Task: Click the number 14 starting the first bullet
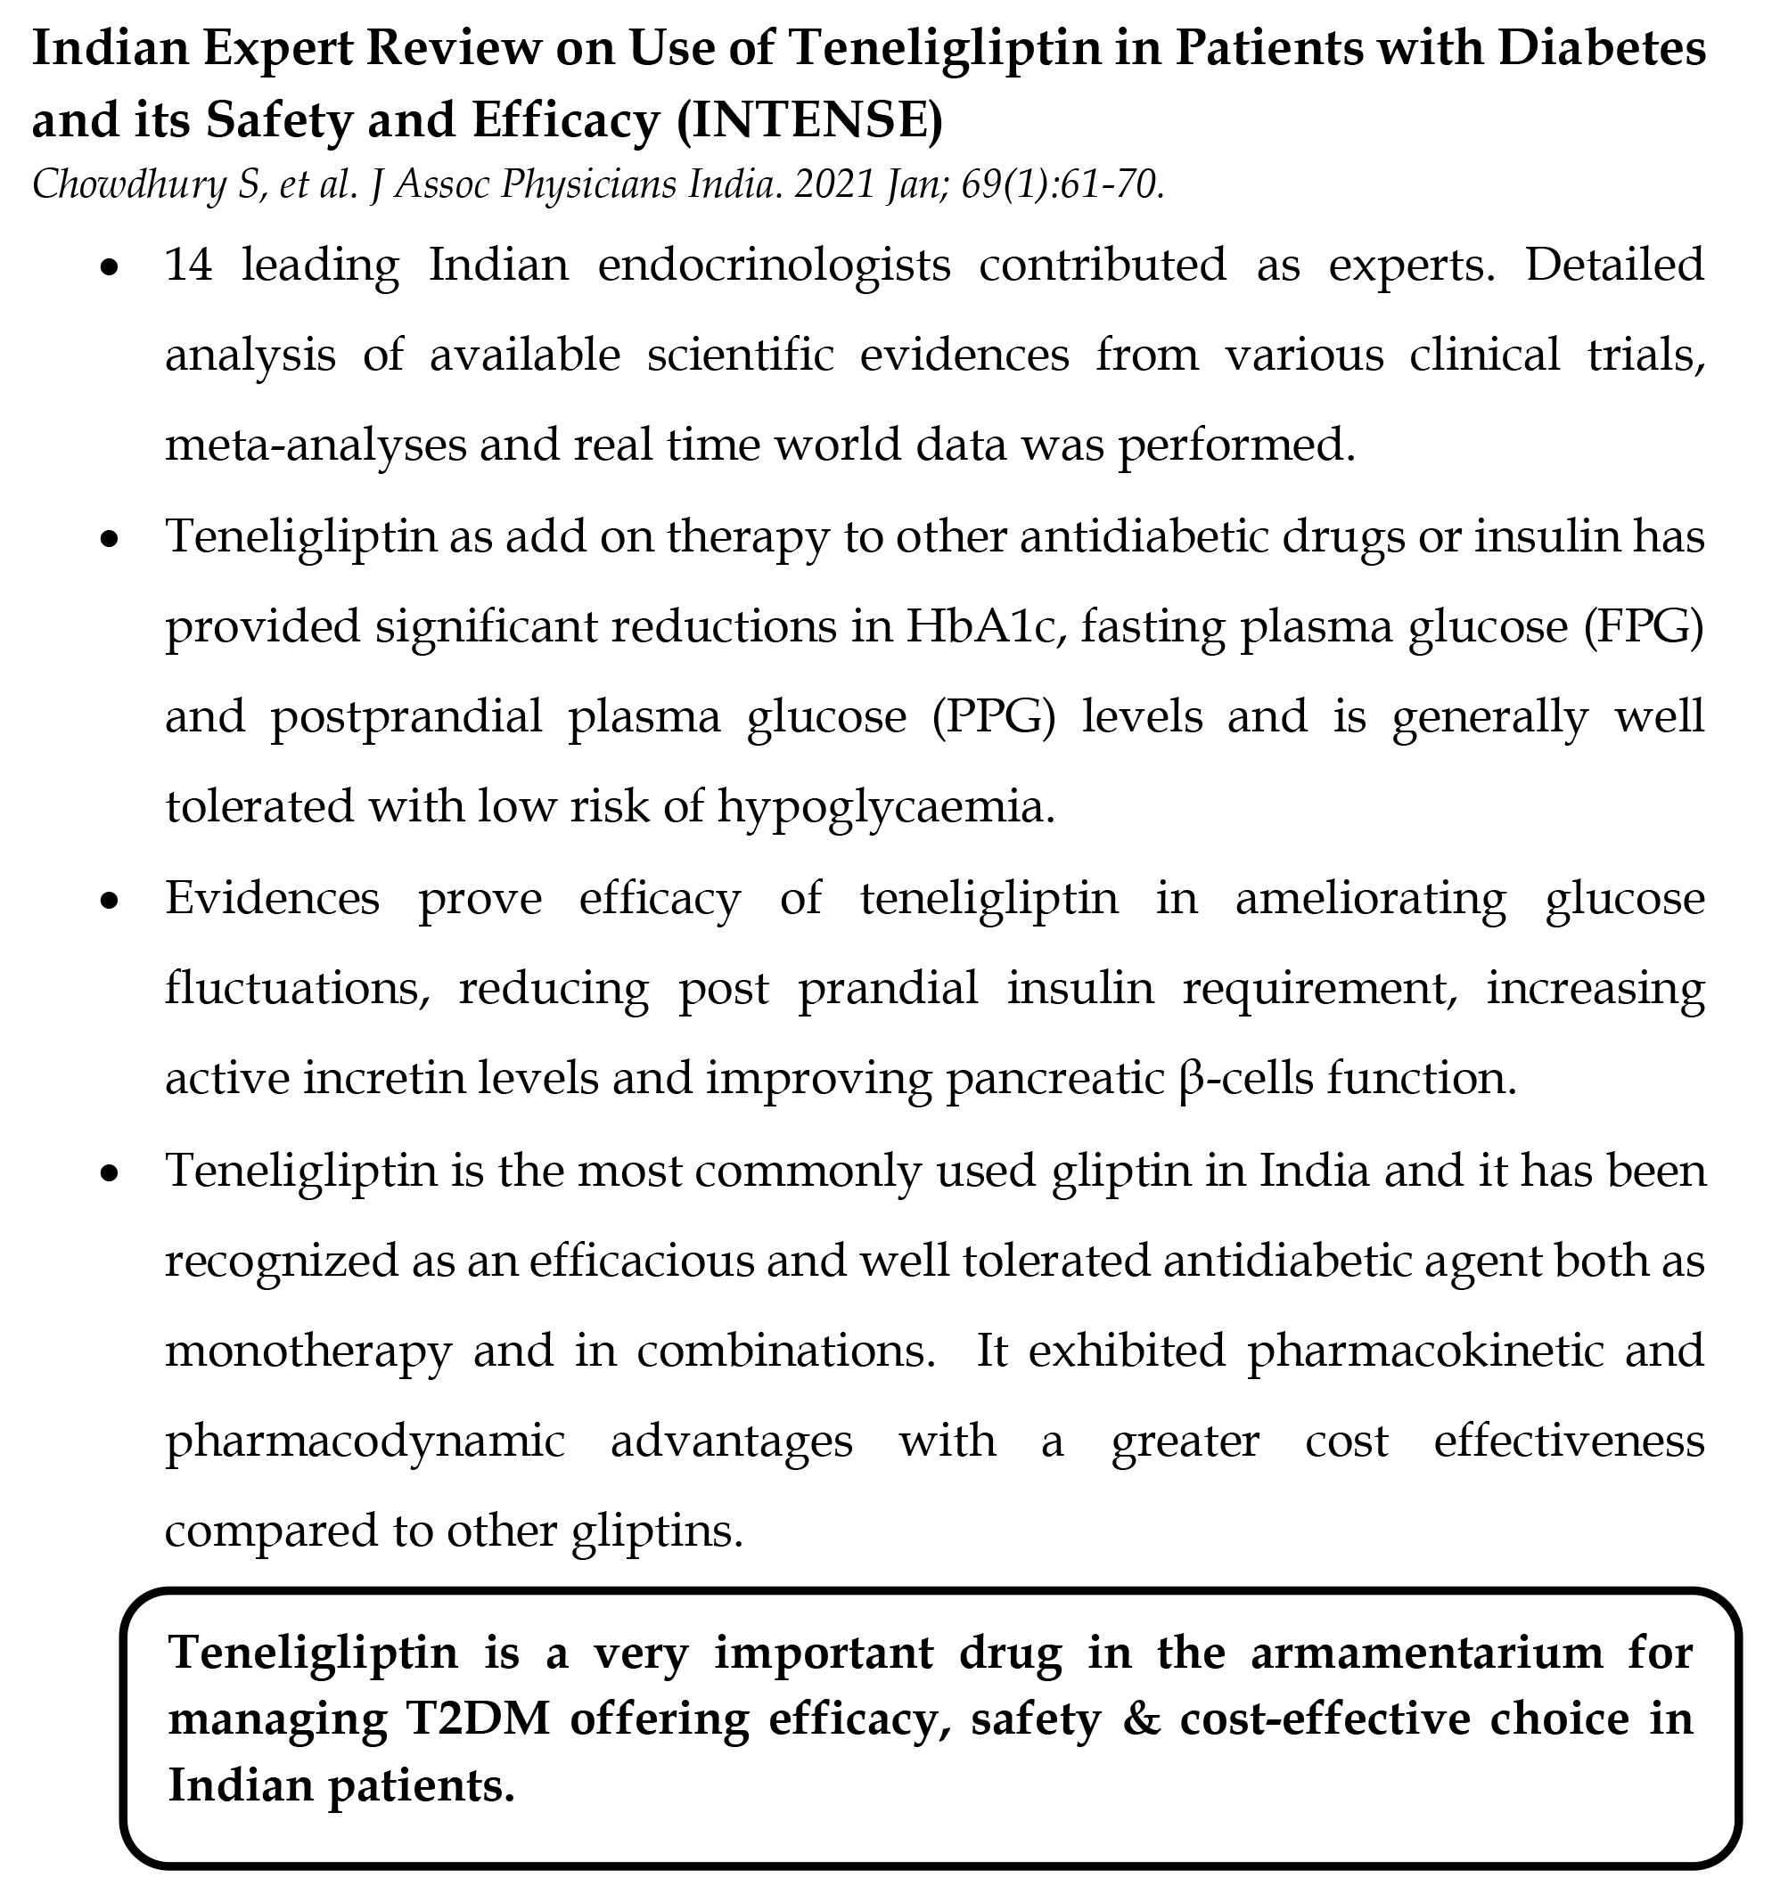189,265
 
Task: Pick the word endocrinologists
774,265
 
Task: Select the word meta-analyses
315,445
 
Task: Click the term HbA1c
980,626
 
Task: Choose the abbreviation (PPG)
992,716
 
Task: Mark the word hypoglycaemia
884,807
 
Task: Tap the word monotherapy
308,1351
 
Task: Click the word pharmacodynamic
365,1441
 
